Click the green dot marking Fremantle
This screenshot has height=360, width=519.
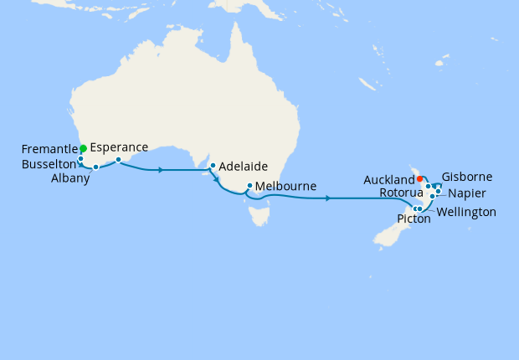[83, 148]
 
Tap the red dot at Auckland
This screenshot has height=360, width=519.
[419, 178]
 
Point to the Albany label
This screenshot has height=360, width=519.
[70, 177]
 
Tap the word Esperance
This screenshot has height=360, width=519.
[119, 147]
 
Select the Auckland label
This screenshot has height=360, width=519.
[389, 179]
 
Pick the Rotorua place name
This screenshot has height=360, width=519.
[395, 192]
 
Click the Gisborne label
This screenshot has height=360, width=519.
[467, 177]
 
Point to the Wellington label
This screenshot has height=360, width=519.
[466, 212]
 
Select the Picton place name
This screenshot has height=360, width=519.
[414, 219]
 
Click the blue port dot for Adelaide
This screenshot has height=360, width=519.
[213, 165]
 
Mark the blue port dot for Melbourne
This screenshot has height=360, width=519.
[249, 186]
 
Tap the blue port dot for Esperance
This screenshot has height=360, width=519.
[118, 159]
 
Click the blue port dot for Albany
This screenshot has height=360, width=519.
[96, 167]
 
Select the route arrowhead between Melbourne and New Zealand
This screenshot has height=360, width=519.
[327, 198]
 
